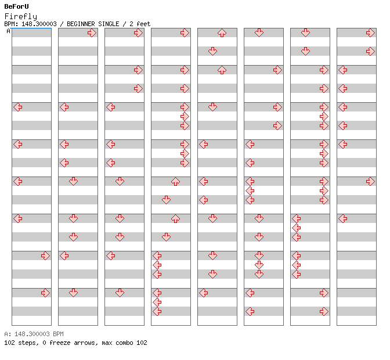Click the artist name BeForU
(x=16, y=6)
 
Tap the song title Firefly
(x=21, y=16)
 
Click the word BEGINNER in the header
(x=81, y=24)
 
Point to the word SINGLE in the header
(x=109, y=24)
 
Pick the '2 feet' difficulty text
(x=140, y=24)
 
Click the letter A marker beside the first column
(x=9, y=31)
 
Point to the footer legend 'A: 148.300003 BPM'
(x=34, y=334)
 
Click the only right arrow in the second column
(x=92, y=33)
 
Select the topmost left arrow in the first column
(x=17, y=107)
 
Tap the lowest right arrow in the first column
(x=45, y=293)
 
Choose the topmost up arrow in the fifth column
(x=222, y=33)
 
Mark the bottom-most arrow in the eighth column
(x=343, y=219)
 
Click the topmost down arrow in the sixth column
(x=259, y=33)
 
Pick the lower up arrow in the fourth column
(x=176, y=219)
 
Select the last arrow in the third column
(x=120, y=293)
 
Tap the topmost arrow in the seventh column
(x=306, y=33)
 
